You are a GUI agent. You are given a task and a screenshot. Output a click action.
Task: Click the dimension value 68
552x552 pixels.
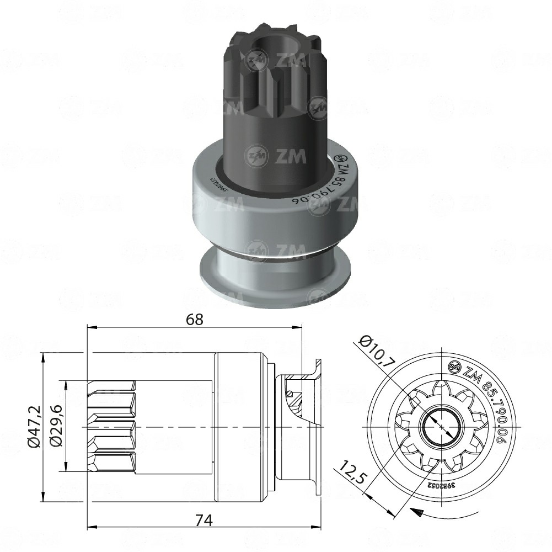pos(195,319)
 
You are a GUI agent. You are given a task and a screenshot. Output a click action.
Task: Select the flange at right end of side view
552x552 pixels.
pos(318,428)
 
